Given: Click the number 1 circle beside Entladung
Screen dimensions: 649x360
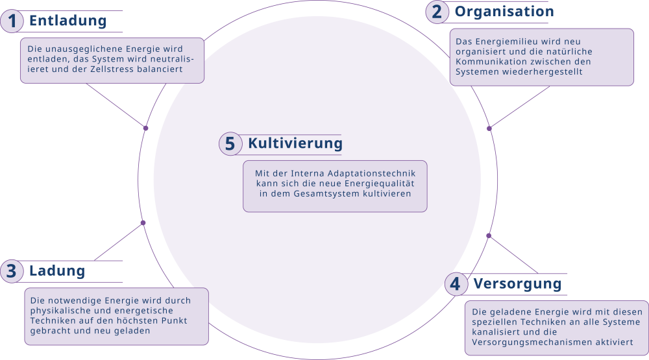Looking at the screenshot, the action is (x=12, y=21).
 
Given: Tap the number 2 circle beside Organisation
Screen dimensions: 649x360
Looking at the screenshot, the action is (x=437, y=12).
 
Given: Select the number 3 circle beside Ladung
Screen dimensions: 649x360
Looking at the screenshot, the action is (x=12, y=271).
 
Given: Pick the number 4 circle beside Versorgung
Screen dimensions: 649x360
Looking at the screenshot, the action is (x=456, y=284).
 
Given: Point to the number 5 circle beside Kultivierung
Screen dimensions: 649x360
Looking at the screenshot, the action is (x=230, y=144).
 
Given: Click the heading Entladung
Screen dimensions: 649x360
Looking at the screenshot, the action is (x=68, y=21).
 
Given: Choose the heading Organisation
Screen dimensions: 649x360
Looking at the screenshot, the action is (x=504, y=12).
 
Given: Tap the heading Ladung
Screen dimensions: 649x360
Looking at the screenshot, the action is (x=57, y=271).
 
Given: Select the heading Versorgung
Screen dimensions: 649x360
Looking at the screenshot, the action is (x=517, y=284).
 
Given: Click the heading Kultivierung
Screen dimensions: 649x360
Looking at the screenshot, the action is (x=295, y=143).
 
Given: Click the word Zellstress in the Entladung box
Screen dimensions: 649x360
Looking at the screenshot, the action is (x=112, y=69).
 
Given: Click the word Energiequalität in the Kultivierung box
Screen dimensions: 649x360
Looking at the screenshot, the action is (x=379, y=184).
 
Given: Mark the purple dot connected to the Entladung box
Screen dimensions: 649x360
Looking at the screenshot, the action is (x=145, y=128).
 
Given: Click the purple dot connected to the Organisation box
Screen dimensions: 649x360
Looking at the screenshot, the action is (x=489, y=128).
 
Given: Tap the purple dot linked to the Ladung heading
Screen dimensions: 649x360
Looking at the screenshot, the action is (x=143, y=223).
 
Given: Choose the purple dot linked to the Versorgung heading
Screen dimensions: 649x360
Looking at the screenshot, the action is (x=489, y=236).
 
